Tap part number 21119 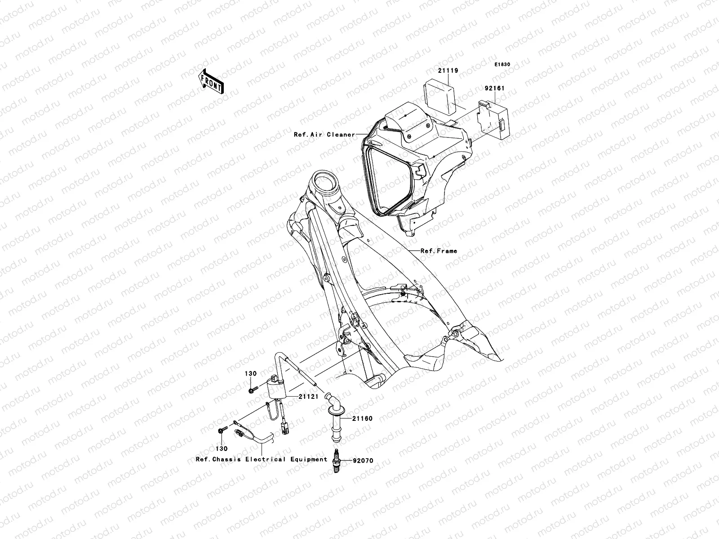click(x=449, y=71)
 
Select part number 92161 click(x=494, y=88)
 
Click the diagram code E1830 click(x=503, y=65)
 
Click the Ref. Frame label click(x=439, y=251)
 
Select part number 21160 click(x=362, y=419)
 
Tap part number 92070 click(x=363, y=461)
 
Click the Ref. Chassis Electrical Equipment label click(x=262, y=459)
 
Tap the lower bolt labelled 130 click(x=221, y=431)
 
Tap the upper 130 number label click(x=250, y=374)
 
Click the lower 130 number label click(x=222, y=448)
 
